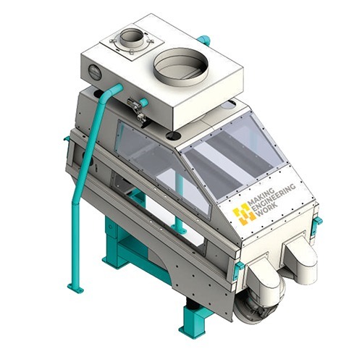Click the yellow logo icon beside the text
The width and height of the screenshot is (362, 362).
pos(241,214)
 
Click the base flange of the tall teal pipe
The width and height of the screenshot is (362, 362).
pos(75,287)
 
